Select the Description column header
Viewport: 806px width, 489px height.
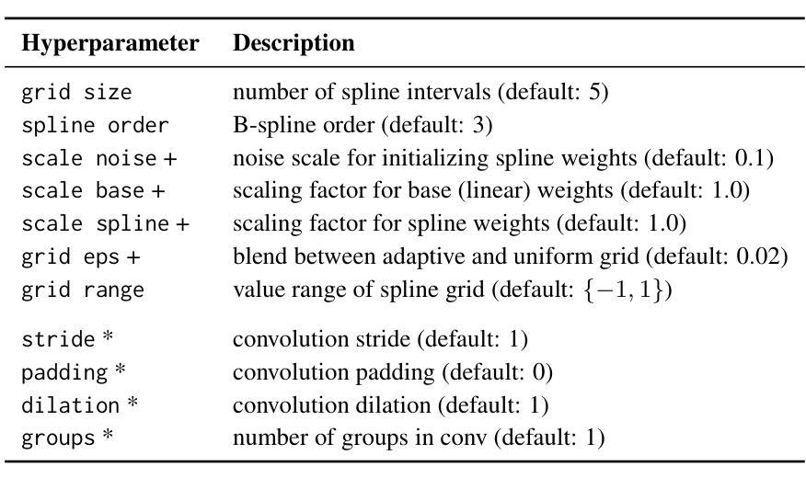click(x=294, y=42)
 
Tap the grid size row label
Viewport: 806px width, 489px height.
click(x=76, y=93)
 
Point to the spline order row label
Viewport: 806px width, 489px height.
click(x=95, y=126)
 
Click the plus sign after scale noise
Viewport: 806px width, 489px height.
click(x=170, y=159)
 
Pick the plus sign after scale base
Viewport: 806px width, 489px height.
click(x=158, y=191)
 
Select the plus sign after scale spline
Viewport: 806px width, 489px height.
click(x=182, y=224)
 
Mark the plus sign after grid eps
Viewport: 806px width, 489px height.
click(x=133, y=257)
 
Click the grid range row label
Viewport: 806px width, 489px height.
click(x=83, y=290)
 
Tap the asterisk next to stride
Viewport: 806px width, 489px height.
click(x=108, y=336)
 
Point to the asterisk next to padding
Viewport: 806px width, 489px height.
click(x=121, y=370)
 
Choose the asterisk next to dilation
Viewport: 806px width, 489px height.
click(x=132, y=403)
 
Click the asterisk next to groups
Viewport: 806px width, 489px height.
click(x=108, y=435)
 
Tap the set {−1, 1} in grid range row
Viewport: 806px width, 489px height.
click(x=623, y=290)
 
